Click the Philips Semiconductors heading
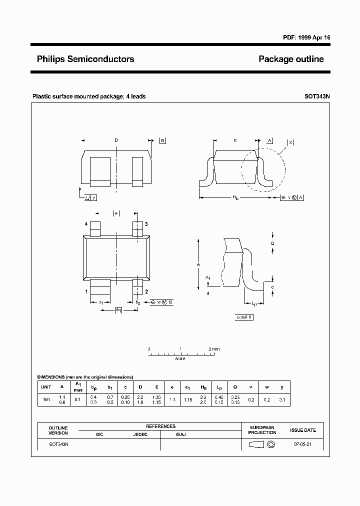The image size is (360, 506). tap(85, 59)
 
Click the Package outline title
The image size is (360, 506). tap(291, 59)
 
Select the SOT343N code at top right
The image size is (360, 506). tap(317, 96)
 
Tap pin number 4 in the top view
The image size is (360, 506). tap(86, 224)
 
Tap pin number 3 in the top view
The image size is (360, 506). tap(146, 224)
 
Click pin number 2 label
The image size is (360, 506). tap(146, 291)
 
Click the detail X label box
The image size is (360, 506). tap(244, 317)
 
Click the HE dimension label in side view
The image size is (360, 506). tap(235, 198)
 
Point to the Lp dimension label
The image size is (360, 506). tap(253, 303)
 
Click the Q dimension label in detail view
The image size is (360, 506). tap(272, 243)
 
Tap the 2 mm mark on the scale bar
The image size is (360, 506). tap(213, 348)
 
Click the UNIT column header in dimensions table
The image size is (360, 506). tap(46, 387)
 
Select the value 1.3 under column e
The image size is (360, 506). tap(172, 400)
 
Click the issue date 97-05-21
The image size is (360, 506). tap(303, 444)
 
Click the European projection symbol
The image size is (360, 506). tap(262, 444)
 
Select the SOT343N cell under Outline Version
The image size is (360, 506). tap(58, 444)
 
